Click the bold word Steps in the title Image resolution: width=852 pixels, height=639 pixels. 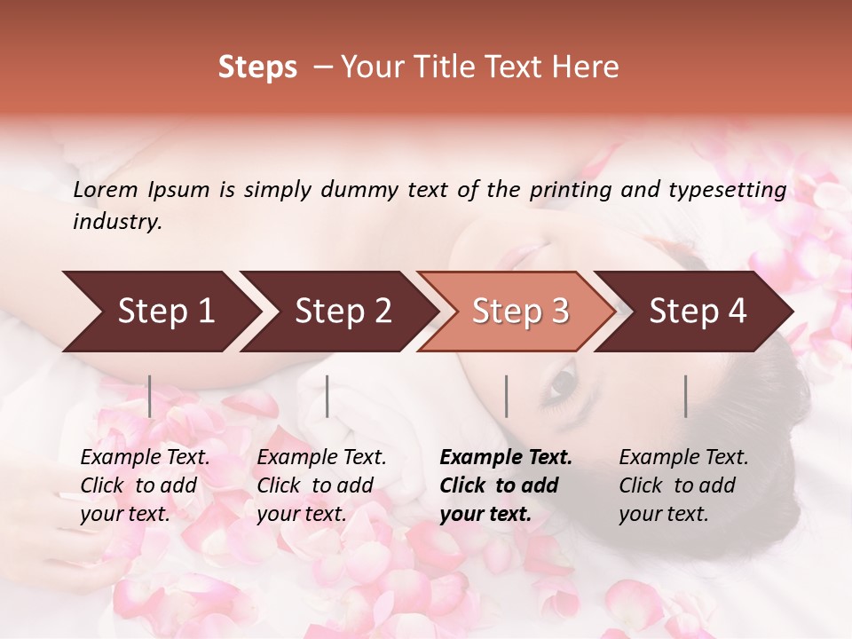pos(257,67)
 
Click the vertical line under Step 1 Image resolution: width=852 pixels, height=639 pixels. pos(150,396)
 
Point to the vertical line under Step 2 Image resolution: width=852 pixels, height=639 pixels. pos(327,396)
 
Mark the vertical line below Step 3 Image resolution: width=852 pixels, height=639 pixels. pos(507,396)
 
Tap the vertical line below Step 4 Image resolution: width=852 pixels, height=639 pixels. pos(686,396)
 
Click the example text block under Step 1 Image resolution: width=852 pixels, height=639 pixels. pos(145,485)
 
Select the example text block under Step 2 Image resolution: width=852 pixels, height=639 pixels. pos(321,485)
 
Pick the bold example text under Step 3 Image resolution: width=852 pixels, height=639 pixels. pos(506,485)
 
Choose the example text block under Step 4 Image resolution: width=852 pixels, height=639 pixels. pos(683,485)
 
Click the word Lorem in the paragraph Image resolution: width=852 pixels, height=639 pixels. pos(105,190)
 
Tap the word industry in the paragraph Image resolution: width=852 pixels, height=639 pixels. pos(117,222)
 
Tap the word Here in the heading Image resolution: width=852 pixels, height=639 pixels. pos(585,67)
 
